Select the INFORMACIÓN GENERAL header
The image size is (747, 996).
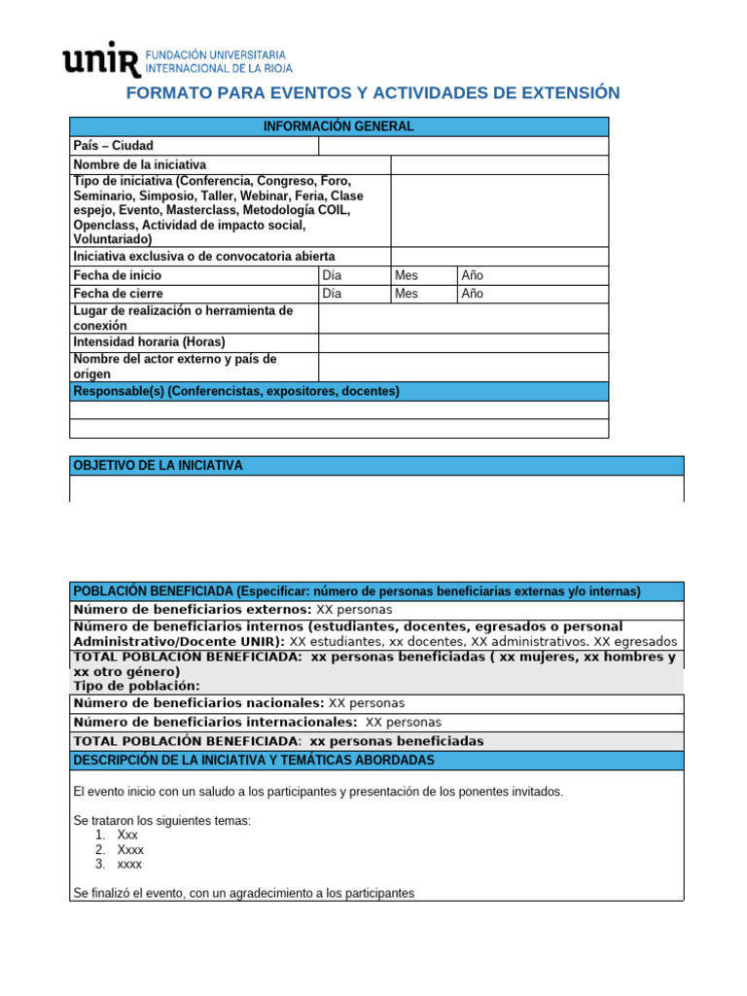(x=338, y=126)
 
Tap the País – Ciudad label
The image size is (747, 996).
(x=114, y=146)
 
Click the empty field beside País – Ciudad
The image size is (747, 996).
(x=463, y=146)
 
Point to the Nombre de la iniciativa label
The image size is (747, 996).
(x=140, y=165)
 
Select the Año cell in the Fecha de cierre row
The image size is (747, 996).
(x=472, y=294)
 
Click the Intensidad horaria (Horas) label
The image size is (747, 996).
(x=149, y=342)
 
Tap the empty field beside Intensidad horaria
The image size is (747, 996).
(x=463, y=342)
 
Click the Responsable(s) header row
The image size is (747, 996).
(x=236, y=391)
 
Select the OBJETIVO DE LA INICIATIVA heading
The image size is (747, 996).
(x=159, y=466)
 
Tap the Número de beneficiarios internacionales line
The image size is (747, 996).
(x=257, y=722)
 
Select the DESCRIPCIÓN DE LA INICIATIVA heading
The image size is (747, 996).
(x=254, y=760)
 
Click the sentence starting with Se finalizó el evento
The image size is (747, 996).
(x=243, y=892)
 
